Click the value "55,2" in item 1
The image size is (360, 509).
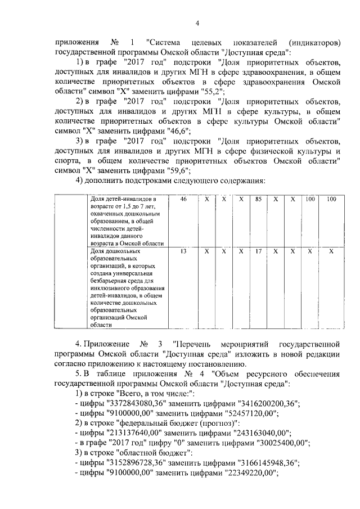click(214, 91)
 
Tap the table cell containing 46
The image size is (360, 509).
click(183, 200)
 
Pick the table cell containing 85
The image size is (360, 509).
click(258, 200)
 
